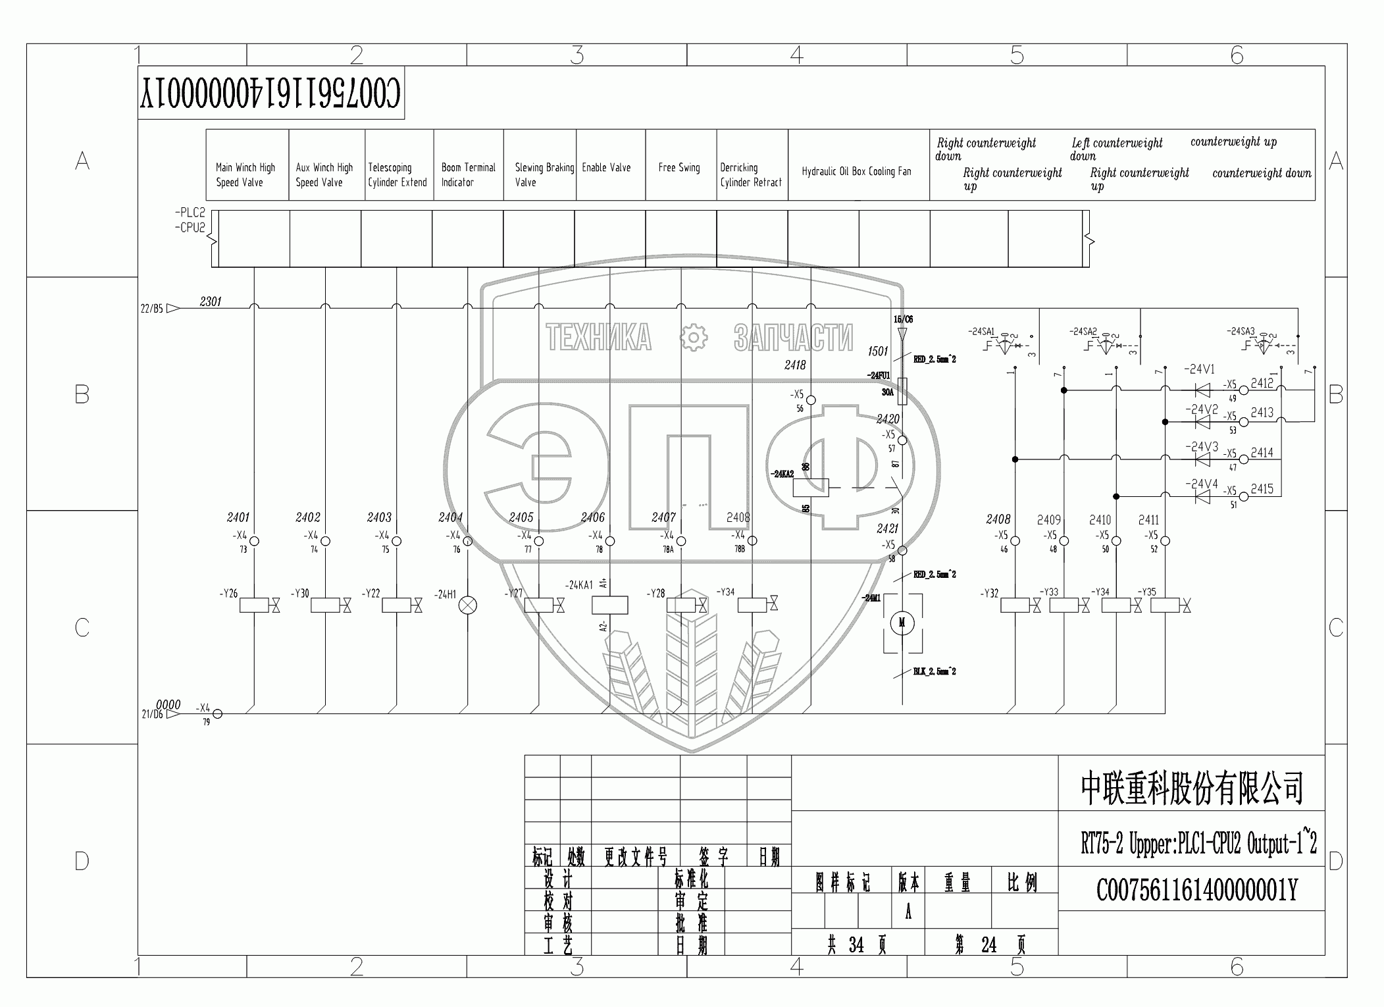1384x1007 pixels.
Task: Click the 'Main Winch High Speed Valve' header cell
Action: point(246,175)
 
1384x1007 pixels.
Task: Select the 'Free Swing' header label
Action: point(679,168)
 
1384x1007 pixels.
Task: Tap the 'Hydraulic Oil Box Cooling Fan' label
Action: point(856,172)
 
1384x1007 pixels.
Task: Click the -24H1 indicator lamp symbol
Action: point(468,605)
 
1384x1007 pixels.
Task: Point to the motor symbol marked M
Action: point(902,623)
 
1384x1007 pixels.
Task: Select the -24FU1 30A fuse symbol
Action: point(902,391)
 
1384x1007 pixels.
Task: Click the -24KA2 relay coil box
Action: point(811,488)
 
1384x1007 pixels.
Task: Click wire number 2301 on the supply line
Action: point(211,301)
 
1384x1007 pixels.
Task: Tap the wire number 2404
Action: point(451,517)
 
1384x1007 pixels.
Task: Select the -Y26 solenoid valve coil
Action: point(254,605)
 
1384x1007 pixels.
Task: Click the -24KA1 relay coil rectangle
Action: point(610,605)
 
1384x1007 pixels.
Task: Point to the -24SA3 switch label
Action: point(1241,331)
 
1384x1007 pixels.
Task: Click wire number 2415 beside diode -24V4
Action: point(1262,489)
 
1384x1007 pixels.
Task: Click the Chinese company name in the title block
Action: point(1192,788)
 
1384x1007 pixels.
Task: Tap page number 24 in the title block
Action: point(988,946)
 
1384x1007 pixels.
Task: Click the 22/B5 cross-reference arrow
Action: point(172,308)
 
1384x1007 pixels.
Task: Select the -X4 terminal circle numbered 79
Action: point(218,714)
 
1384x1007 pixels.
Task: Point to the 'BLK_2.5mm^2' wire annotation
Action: point(935,671)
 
